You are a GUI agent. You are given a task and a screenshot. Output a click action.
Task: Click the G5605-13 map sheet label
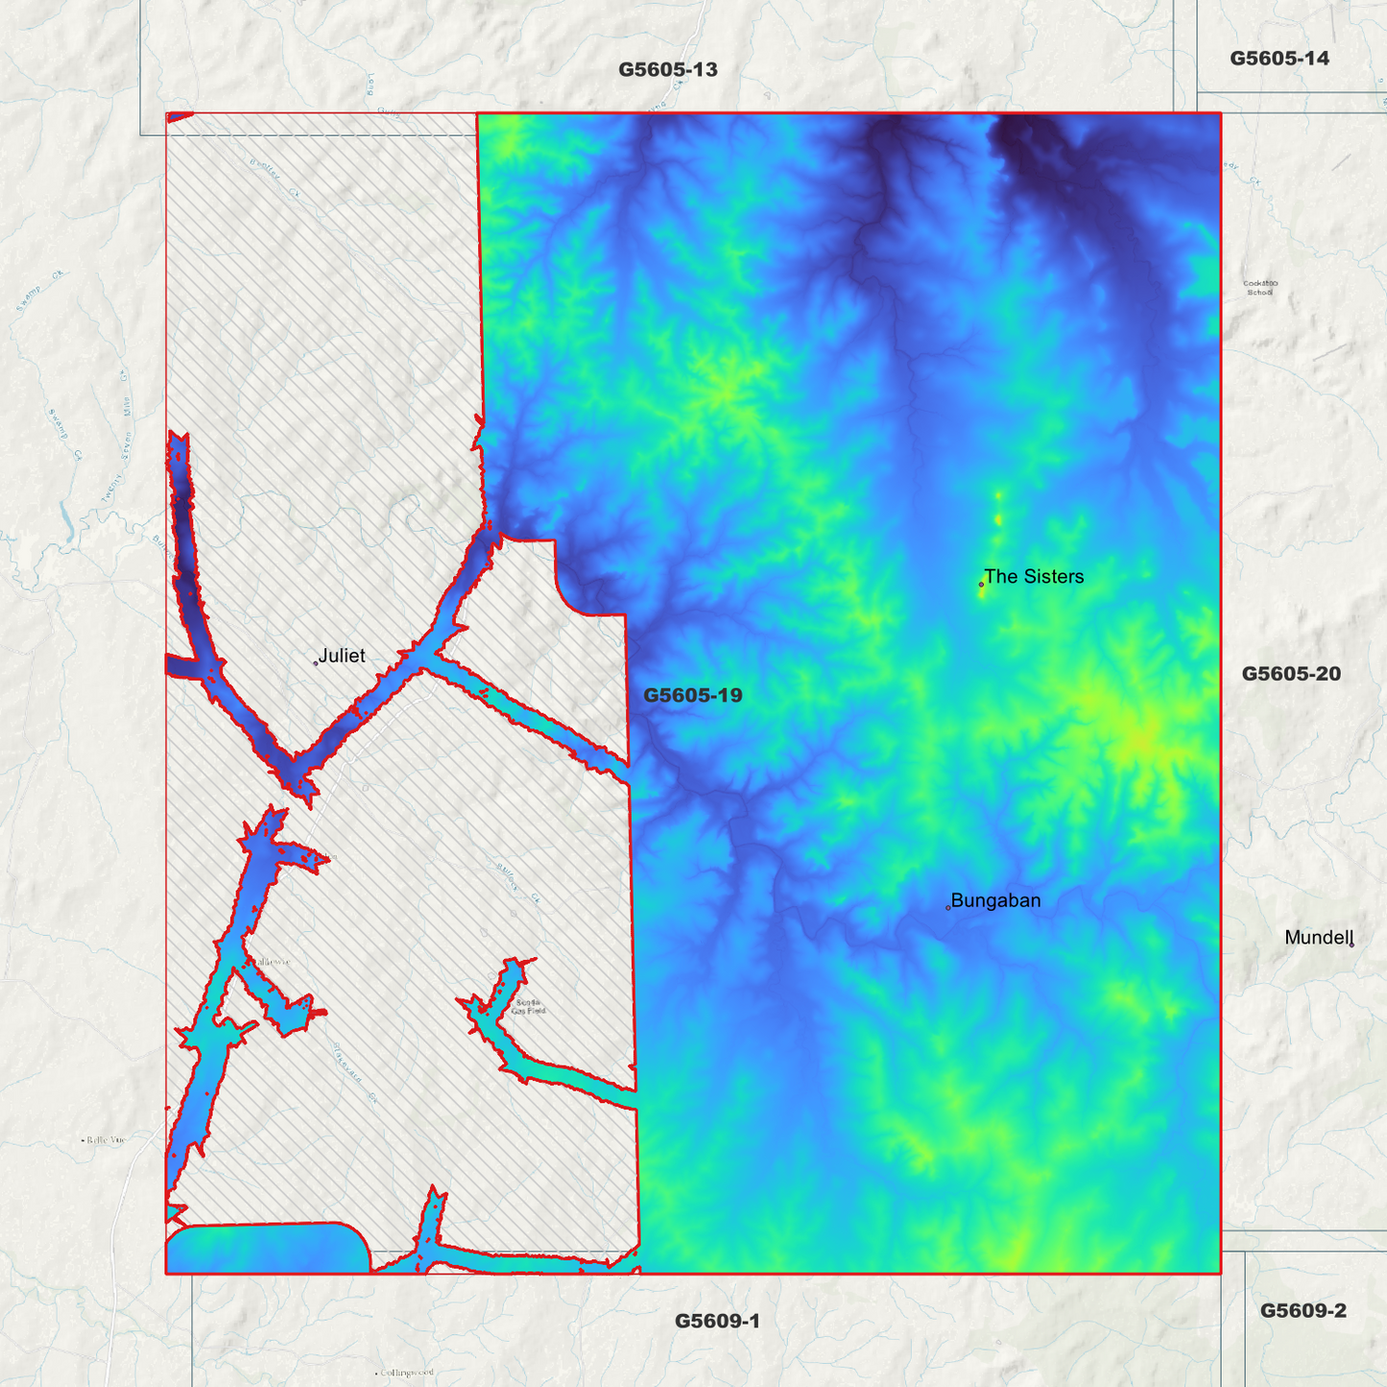[667, 70]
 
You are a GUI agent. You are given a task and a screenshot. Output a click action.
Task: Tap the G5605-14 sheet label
[1279, 59]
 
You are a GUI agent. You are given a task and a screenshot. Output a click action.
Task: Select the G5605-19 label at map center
[692, 695]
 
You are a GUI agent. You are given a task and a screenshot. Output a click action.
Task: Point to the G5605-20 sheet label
[1291, 674]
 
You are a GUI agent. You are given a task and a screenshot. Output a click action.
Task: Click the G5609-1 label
[717, 1321]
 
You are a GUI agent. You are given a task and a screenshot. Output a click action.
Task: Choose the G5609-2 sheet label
[1303, 1310]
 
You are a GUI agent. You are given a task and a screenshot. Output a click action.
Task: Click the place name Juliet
[342, 656]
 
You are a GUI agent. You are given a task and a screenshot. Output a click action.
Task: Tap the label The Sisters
[1034, 577]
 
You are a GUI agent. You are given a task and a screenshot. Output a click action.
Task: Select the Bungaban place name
[995, 900]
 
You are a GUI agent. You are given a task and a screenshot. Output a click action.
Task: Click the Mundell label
[1318, 938]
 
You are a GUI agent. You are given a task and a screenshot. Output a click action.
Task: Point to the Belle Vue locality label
[106, 1140]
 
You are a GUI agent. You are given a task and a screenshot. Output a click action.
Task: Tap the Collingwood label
[407, 1373]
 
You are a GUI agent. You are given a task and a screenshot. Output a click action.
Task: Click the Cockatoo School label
[1260, 287]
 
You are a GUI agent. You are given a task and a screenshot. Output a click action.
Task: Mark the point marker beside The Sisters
[981, 584]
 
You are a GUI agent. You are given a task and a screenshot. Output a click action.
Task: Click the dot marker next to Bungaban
[948, 907]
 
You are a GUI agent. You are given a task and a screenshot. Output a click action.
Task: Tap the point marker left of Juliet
[316, 662]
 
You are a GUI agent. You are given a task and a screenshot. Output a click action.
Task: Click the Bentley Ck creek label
[275, 179]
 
